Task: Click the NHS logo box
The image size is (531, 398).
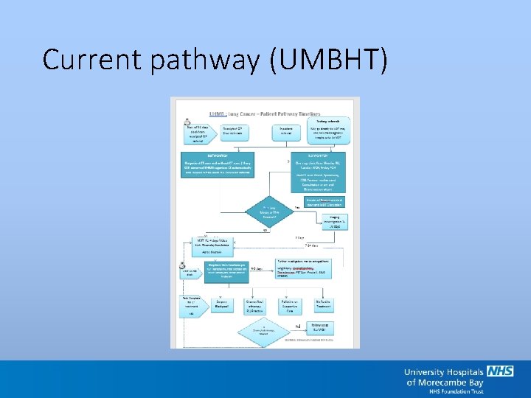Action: coord(499,371)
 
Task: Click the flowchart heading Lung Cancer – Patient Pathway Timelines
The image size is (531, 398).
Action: coord(269,114)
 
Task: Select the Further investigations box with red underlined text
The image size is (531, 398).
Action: coord(310,269)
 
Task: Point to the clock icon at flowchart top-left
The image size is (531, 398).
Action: coord(188,122)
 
